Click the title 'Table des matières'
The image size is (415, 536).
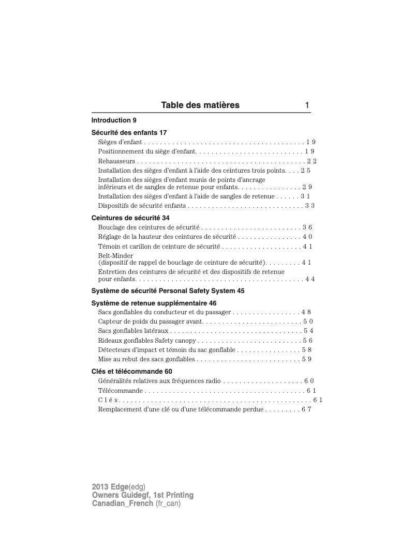tap(200, 105)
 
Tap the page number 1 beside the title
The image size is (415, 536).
tap(307, 105)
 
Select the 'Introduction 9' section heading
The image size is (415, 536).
tap(114, 120)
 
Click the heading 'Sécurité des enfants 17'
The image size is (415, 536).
tap(129, 133)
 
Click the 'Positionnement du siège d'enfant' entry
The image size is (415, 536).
tap(147, 151)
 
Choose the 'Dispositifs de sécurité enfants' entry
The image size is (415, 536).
tap(142, 206)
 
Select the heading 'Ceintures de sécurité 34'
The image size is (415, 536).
tap(130, 218)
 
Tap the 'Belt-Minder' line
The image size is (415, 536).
tap(115, 256)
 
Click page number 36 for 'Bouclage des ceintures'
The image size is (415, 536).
tap(307, 227)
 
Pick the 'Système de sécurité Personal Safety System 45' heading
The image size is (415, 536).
tap(168, 291)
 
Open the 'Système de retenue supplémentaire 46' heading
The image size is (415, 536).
tap(154, 303)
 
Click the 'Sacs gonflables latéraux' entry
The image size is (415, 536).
tap(133, 331)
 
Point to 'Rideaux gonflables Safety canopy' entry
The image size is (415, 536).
tap(147, 341)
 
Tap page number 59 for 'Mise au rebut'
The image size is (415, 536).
tap(306, 359)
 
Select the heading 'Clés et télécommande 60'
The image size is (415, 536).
tap(132, 372)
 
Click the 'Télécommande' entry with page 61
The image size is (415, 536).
tap(120, 391)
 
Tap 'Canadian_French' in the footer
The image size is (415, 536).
tap(122, 503)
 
